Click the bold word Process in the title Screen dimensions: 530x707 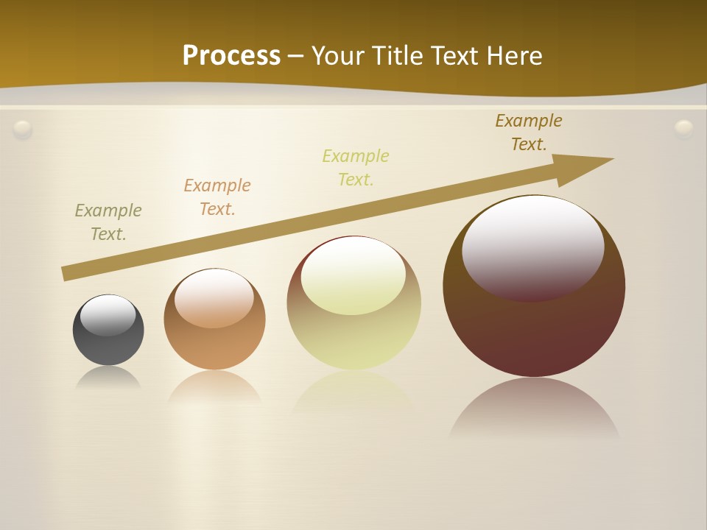coord(231,56)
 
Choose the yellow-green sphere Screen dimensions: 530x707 coord(353,339)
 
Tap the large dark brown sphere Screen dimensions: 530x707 coord(534,331)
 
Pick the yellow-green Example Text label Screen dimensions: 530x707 coord(356,168)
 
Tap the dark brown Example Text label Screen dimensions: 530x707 coord(529,132)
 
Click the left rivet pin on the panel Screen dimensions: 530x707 coord(23,130)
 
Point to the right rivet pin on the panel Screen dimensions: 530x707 coord(684,129)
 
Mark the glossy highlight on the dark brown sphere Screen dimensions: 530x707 coord(532,247)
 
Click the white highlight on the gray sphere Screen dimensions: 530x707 coord(108,315)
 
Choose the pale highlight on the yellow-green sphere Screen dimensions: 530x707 coord(353,274)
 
